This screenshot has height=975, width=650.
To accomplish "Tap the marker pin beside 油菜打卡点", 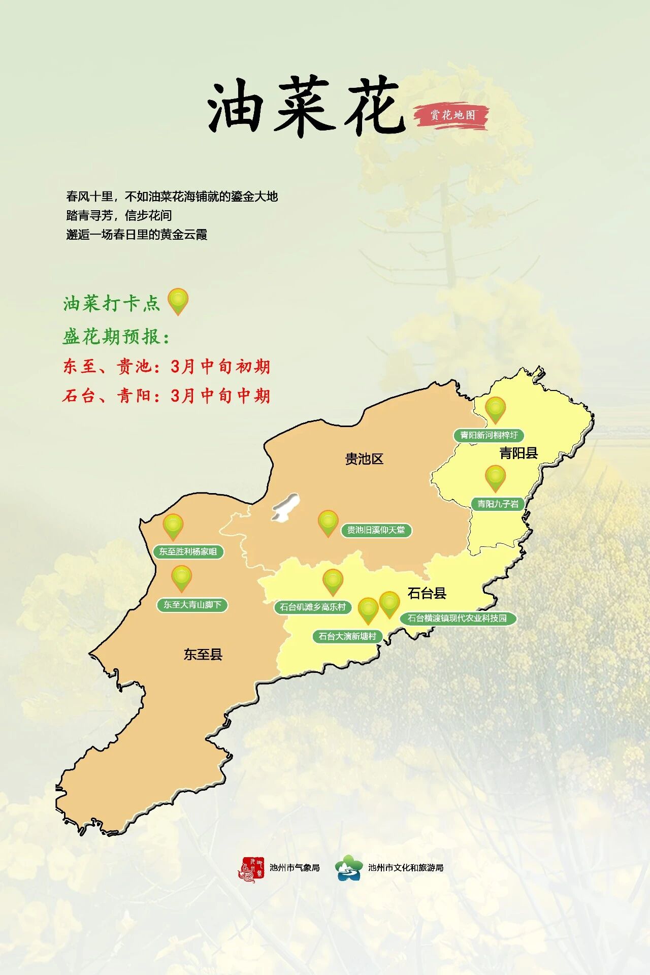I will point(178,301).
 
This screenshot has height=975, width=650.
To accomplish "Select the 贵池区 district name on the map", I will point(364,459).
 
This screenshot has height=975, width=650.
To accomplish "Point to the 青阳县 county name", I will point(518,453).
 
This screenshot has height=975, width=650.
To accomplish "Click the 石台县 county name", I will point(427,593).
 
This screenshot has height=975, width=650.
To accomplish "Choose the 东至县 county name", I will point(203,654).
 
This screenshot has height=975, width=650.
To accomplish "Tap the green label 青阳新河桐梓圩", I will point(489,435).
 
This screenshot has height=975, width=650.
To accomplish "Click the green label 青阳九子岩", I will point(498,504).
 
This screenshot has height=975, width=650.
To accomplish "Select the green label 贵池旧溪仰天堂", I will point(376,530).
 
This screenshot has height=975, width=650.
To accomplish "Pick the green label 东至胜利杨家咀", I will point(188,551).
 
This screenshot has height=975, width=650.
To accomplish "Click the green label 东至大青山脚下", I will point(192,605).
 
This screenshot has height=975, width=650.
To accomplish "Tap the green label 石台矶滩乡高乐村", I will point(312,607).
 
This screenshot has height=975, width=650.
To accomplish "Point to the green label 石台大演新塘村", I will point(347,636).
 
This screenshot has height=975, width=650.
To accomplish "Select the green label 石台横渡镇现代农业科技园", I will point(457,618).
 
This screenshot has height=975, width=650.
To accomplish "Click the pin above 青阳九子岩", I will point(495,478).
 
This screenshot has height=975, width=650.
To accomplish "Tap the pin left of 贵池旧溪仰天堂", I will point(328,523).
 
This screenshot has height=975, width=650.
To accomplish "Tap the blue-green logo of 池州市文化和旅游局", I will point(349,868).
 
